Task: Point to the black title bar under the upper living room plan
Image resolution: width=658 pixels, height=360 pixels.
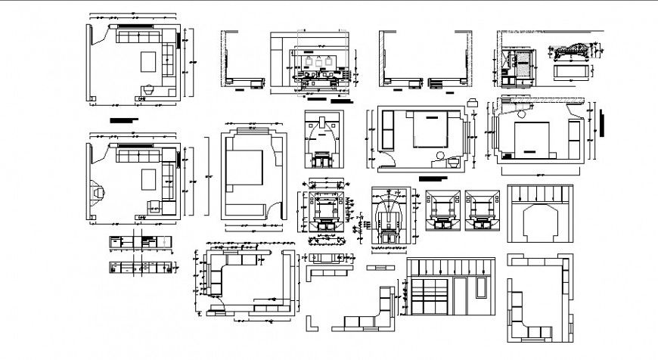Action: click(124, 119)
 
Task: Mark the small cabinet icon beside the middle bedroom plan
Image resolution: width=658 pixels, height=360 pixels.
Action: click(473, 101)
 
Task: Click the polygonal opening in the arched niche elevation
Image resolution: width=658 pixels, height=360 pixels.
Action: click(539, 220)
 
